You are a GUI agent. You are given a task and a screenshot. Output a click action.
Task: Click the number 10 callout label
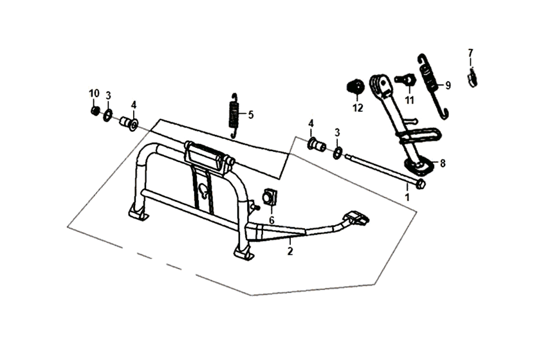tap(95, 94)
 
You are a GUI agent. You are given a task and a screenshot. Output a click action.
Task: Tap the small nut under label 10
tap(95, 111)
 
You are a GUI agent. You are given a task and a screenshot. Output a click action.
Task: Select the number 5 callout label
tap(251, 115)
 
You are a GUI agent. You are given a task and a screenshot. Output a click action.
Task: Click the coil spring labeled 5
tap(235, 115)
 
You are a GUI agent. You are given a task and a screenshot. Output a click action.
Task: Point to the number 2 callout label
tap(290, 251)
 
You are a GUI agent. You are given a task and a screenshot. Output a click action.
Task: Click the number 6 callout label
tap(271, 219)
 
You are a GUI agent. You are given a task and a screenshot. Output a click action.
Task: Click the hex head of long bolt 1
tap(420, 184)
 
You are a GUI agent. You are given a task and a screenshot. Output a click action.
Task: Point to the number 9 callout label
tap(448, 84)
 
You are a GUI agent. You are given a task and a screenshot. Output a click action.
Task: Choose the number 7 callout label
tap(470, 52)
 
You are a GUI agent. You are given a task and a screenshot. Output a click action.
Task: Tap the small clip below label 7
tap(472, 79)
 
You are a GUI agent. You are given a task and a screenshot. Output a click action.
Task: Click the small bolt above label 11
tap(405, 80)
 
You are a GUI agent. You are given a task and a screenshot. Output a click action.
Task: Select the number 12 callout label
tap(358, 108)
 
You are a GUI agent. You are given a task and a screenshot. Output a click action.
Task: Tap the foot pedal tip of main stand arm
tap(358, 218)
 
